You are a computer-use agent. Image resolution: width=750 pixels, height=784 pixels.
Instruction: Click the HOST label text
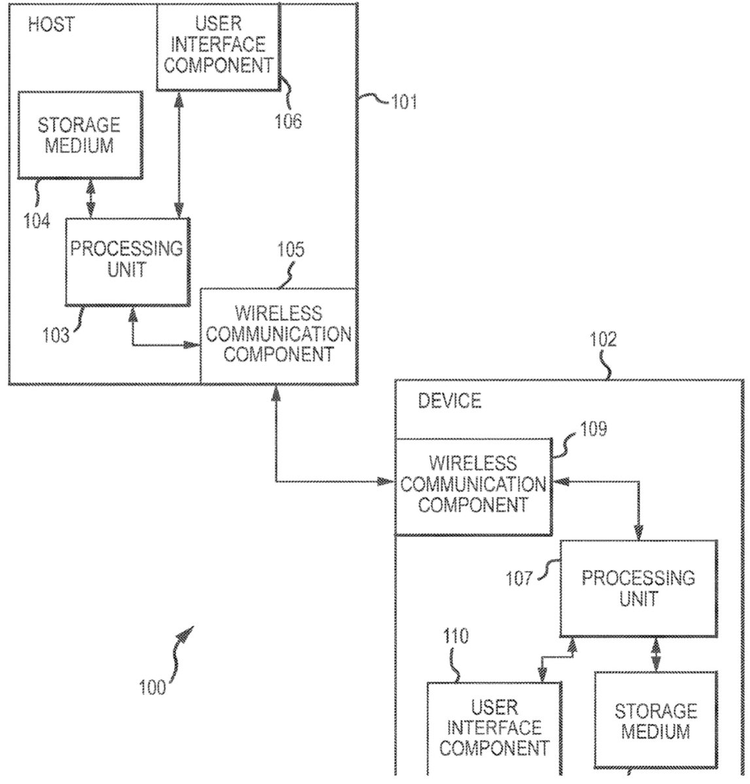point(51,25)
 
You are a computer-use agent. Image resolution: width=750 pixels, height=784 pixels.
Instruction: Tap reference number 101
point(403,102)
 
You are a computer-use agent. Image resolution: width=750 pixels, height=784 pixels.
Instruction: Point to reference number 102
point(602,339)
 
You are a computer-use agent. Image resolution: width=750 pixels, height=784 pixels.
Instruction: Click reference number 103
point(56,335)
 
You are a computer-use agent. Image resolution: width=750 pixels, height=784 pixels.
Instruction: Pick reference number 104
point(37,221)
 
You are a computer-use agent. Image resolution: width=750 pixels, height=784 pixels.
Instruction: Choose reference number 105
point(291,250)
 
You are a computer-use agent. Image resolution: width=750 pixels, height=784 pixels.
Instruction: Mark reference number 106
point(288,121)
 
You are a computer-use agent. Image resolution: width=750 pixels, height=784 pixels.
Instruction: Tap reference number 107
point(519,579)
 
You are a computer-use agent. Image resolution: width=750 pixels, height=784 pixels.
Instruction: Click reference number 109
point(593,429)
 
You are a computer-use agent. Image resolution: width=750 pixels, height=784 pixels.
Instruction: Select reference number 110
point(455,636)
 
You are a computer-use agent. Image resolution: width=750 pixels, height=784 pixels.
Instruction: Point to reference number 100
point(152,688)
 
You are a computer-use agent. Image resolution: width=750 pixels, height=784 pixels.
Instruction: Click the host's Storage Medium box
point(79,135)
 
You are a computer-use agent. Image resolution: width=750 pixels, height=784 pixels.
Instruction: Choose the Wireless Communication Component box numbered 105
point(278,335)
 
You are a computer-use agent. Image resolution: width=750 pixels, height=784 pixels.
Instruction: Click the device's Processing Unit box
point(638,588)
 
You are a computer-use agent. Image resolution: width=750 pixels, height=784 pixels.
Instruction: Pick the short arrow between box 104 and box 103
point(90,199)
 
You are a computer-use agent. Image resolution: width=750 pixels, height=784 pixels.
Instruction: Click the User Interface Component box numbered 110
point(494,728)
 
